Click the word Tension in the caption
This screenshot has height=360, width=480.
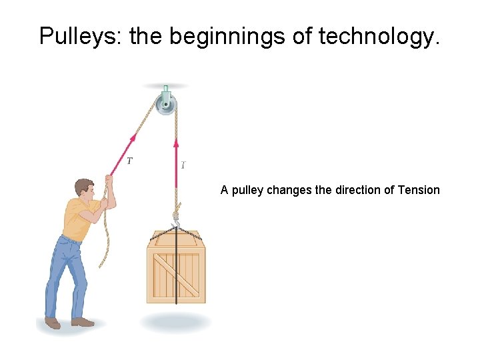tap(418, 190)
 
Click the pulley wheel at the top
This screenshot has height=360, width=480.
tap(167, 104)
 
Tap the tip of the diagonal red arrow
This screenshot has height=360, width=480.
tap(135, 134)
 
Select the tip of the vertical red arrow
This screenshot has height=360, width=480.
tap(176, 140)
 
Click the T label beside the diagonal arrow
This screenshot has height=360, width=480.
tap(129, 160)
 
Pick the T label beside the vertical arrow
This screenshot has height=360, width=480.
tap(183, 163)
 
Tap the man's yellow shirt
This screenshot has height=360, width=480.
tap(77, 219)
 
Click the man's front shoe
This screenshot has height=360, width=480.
tap(83, 322)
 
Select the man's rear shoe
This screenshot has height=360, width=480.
tap(52, 323)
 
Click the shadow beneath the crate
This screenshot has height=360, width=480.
tap(176, 323)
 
